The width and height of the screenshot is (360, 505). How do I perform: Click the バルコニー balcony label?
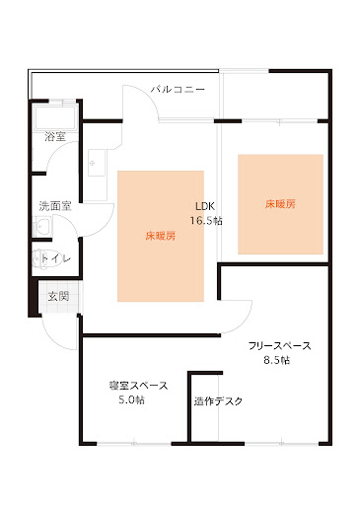coord(178,90)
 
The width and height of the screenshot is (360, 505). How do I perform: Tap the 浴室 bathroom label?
coord(55,136)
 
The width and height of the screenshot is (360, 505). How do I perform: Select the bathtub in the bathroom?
coord(55,118)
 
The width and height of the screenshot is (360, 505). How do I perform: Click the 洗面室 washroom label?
coord(55,206)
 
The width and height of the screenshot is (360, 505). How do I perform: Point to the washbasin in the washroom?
coord(42,226)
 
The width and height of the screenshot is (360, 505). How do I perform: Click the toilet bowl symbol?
coord(40,258)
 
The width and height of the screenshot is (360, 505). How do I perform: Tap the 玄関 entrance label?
coord(58,296)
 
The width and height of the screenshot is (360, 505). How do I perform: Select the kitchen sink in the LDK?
coord(97,163)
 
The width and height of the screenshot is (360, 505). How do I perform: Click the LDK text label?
coord(205,206)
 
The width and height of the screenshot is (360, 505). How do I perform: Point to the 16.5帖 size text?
coord(206,220)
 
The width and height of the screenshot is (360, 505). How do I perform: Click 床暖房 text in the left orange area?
coord(161,236)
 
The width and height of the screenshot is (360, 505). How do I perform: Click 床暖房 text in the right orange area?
coord(280,204)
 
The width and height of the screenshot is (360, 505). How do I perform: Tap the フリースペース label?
coord(279,346)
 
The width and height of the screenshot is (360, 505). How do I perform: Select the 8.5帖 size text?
coord(277,360)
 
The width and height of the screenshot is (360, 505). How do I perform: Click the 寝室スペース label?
coord(138,386)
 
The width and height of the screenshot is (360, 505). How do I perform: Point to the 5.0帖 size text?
coord(131,399)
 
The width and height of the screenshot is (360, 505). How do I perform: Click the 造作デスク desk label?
coord(218,401)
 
